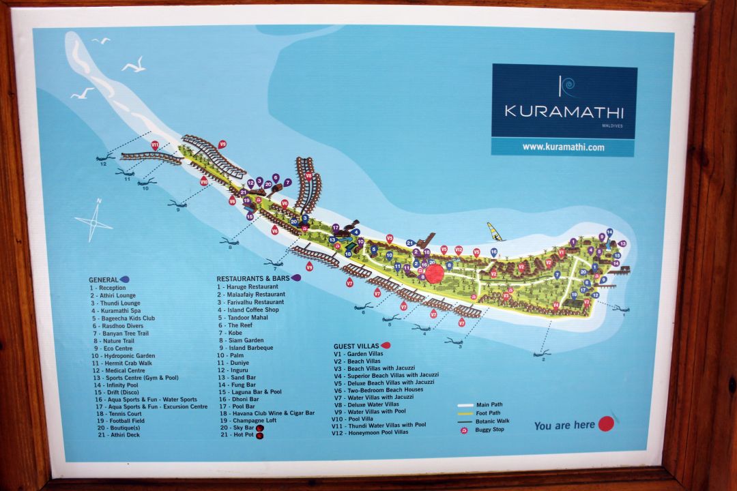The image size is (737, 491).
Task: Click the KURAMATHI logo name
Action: click(x=564, y=110)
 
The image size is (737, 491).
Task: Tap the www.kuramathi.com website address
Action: click(x=563, y=147)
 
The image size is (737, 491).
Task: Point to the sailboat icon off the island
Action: click(x=495, y=231)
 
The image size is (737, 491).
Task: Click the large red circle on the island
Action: click(x=435, y=274)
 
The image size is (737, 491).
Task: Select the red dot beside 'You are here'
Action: click(x=605, y=424)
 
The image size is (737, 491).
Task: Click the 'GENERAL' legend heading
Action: click(x=104, y=280)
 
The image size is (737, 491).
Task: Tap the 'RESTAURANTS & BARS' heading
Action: click(x=253, y=279)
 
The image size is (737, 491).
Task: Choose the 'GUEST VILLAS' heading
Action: click(x=356, y=346)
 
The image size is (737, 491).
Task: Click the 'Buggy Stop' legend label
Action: click(x=489, y=430)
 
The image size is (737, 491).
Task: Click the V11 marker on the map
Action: click(x=155, y=145)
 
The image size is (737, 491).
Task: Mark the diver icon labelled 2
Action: click(x=542, y=353)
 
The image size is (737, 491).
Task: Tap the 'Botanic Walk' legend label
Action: click(x=493, y=421)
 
